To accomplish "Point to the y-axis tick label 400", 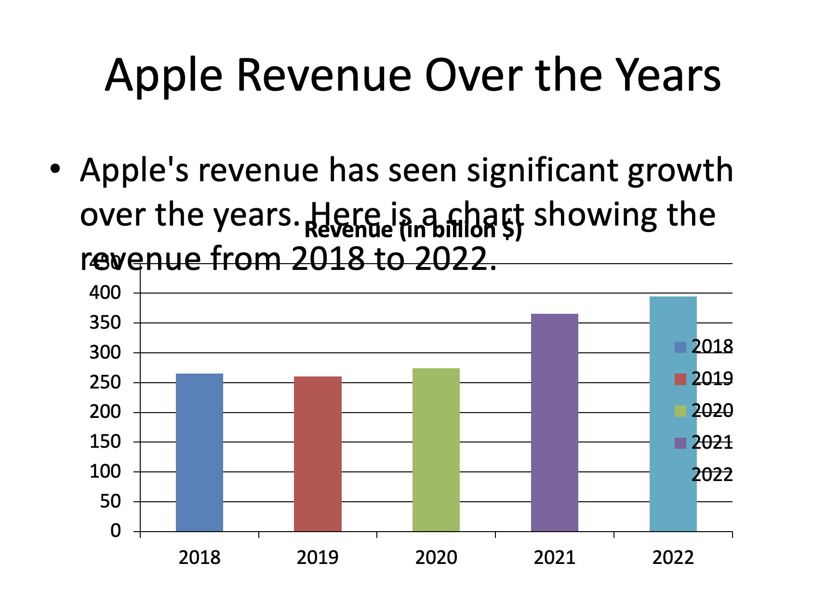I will click(x=105, y=293).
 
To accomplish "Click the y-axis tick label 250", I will click(x=105, y=382).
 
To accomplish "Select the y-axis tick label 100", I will click(x=105, y=471).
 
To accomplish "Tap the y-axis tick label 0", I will click(x=116, y=531).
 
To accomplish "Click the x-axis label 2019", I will click(x=318, y=558).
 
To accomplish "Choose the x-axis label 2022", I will click(x=673, y=558).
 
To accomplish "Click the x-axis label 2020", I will click(x=436, y=558).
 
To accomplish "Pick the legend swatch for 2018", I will click(x=680, y=347).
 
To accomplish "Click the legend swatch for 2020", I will click(x=680, y=411).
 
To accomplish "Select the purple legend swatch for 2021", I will click(x=680, y=443).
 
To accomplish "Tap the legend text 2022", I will click(x=712, y=475).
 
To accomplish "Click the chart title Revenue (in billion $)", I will click(x=413, y=230).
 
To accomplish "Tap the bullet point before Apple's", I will click(x=55, y=170).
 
